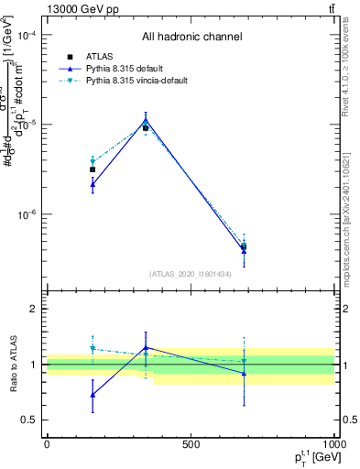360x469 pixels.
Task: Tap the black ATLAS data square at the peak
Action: [146, 128]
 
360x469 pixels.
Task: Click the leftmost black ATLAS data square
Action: [93, 169]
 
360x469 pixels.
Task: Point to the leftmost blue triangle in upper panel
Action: [93, 184]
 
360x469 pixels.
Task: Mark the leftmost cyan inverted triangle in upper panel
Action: [93, 161]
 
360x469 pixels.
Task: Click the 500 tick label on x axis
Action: [191, 443]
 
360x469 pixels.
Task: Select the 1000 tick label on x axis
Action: [334, 443]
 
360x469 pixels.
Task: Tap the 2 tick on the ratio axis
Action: [34, 309]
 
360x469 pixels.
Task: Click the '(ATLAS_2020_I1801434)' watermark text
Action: [191, 274]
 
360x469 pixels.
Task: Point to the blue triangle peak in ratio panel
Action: [146, 347]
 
